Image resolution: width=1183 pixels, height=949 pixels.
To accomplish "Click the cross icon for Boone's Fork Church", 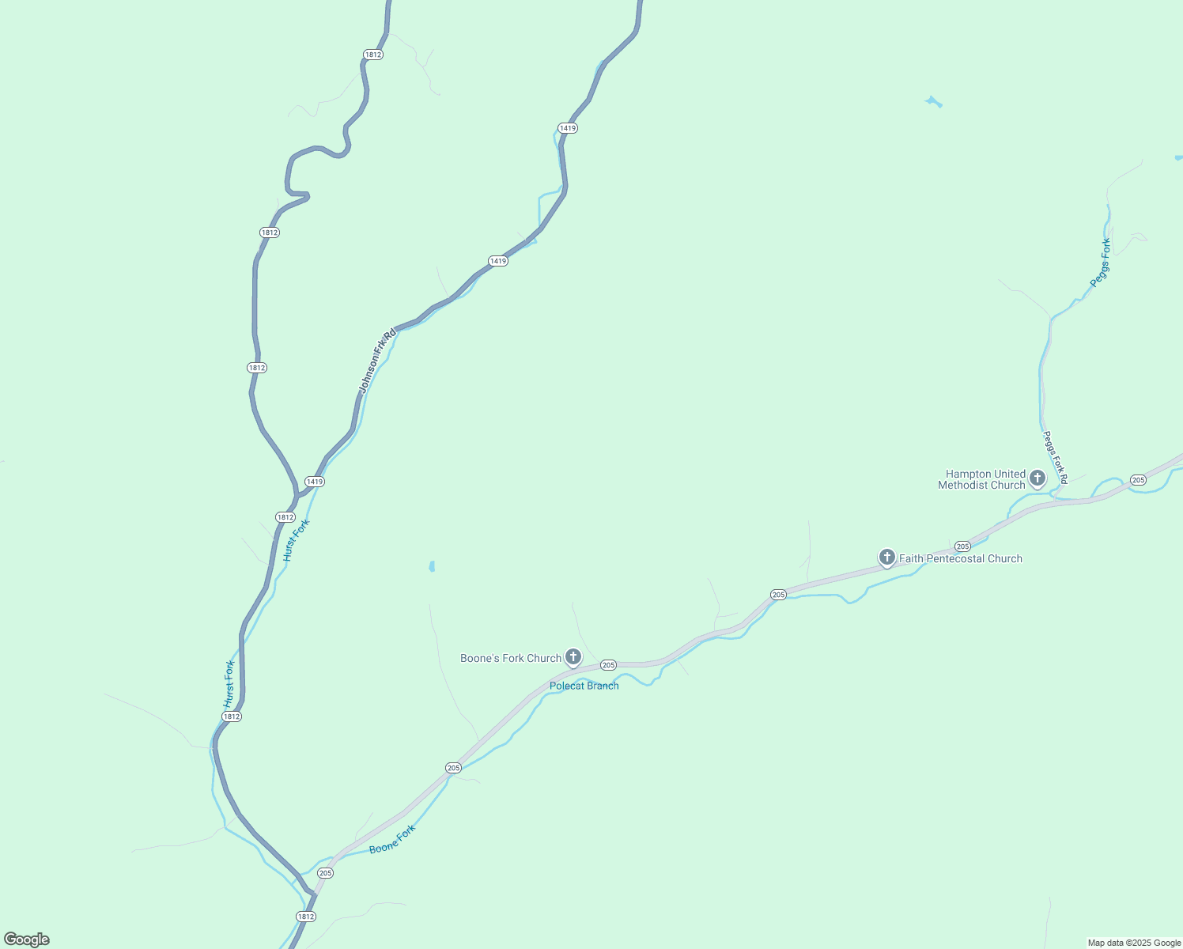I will point(573,656).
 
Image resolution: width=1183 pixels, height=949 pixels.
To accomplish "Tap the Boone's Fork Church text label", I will point(511,658).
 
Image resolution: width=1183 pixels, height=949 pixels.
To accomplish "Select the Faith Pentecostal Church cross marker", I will point(887,557).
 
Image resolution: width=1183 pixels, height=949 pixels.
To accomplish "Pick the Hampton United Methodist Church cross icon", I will point(1037,478).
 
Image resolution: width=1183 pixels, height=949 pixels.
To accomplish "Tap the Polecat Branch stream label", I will point(584,686).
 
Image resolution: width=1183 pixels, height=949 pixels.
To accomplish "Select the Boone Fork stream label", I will point(392,839).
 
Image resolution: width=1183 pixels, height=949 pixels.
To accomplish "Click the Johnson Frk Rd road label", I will point(377,361).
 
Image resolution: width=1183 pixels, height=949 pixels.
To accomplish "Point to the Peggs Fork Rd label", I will point(1055,458).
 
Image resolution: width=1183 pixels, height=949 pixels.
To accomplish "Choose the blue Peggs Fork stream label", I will point(1101,263).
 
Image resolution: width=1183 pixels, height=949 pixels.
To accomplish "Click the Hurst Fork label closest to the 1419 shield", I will point(297,540).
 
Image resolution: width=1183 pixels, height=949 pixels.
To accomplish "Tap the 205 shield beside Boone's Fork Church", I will point(608,665).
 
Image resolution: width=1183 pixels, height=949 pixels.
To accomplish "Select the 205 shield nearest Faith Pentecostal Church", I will point(962,546).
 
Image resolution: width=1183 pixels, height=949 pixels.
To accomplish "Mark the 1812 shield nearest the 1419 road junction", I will point(285,517).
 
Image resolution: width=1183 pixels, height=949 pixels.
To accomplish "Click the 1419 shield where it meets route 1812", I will point(315,482).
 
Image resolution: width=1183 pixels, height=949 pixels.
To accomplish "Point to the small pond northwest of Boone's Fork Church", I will point(431,566).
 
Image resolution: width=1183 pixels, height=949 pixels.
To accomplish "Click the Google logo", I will point(27,940).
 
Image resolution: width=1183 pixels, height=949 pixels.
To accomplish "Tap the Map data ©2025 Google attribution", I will point(1134,943).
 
